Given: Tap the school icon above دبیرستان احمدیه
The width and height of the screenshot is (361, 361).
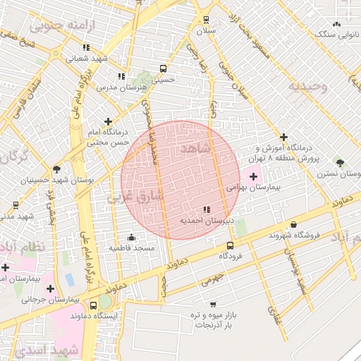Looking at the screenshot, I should [x=206, y=209].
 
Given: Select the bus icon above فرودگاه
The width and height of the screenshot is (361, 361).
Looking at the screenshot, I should [x=231, y=246].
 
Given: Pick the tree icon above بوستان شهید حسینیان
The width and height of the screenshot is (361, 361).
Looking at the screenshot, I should [x=56, y=169].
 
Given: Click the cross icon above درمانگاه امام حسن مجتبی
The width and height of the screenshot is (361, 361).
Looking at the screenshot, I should [x=108, y=121].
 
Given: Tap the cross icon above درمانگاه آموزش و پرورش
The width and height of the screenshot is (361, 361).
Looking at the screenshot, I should [x=283, y=137].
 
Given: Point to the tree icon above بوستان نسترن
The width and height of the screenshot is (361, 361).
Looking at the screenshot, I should [x=341, y=161].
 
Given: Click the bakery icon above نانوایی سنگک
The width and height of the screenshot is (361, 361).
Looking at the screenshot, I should [x=335, y=22].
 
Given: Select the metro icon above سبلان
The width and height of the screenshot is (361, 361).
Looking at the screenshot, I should [x=206, y=20].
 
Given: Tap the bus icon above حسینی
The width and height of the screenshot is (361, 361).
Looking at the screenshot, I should [x=164, y=69].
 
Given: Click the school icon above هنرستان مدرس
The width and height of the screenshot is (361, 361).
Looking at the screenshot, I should [x=121, y=75].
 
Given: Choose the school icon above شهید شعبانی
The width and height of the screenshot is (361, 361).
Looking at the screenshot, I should [x=86, y=47].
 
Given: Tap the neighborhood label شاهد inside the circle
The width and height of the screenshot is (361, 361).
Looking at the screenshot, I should [x=195, y=149].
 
